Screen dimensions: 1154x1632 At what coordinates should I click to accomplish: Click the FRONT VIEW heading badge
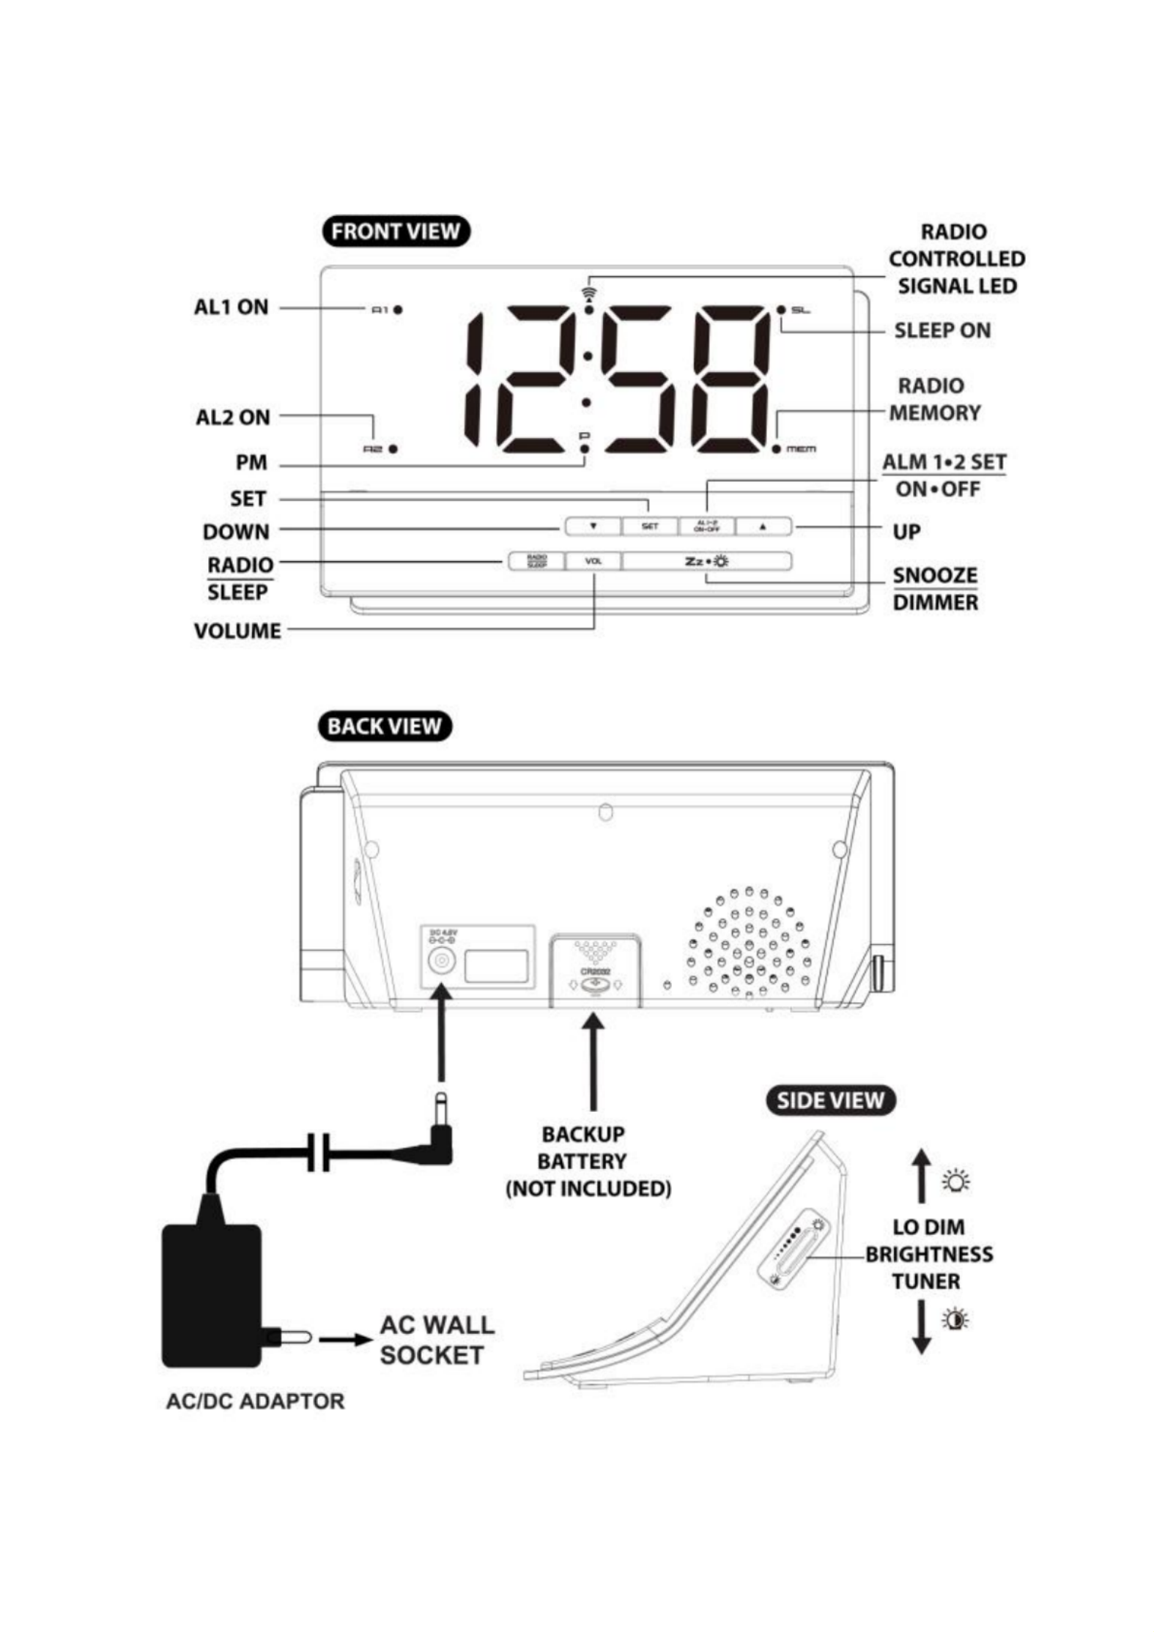pos(395,231)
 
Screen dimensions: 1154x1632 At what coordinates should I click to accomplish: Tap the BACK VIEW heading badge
pos(384,726)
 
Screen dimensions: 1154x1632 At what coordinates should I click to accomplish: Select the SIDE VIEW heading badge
pos(830,1100)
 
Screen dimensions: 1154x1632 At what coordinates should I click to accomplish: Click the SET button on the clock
pos(649,526)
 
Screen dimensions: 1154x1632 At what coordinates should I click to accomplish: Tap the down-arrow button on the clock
pos(593,526)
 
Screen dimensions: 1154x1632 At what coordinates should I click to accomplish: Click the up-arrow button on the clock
pos(763,526)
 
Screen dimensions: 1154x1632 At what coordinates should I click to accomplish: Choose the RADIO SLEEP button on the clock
pos(536,561)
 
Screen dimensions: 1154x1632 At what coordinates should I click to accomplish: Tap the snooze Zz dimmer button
pos(706,561)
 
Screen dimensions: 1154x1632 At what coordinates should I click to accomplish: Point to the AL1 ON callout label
pos(231,307)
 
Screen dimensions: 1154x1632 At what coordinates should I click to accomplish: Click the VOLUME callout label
pos(237,631)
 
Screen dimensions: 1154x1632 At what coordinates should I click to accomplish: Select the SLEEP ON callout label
pos(942,330)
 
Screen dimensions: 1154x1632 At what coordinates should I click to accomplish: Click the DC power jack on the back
pos(440,960)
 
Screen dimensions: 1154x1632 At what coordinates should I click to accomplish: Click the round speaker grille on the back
pos(748,943)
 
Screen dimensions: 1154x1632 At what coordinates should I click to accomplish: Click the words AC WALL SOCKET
pos(437,1340)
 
